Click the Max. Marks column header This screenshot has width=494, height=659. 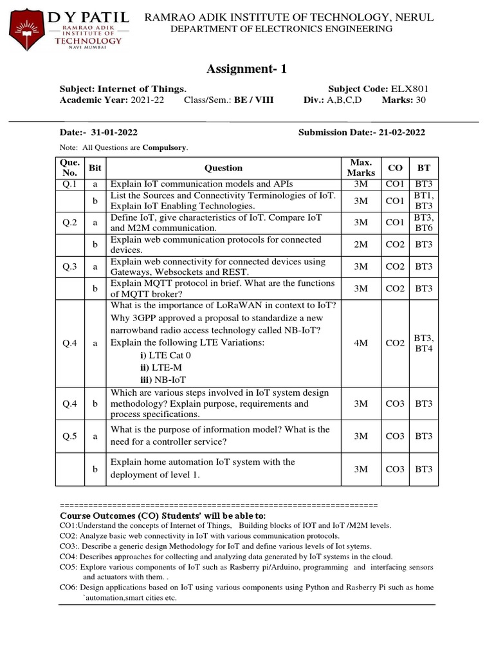tap(361, 167)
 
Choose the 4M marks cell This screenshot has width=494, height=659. tap(361, 343)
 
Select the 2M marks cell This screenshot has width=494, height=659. tap(361, 245)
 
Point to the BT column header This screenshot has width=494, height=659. tap(424, 167)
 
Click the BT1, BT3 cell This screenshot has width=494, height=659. tap(424, 200)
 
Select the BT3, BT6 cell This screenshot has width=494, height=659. tap(424, 222)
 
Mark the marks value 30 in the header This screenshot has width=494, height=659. tap(421, 100)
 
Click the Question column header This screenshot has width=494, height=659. tap(223, 167)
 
